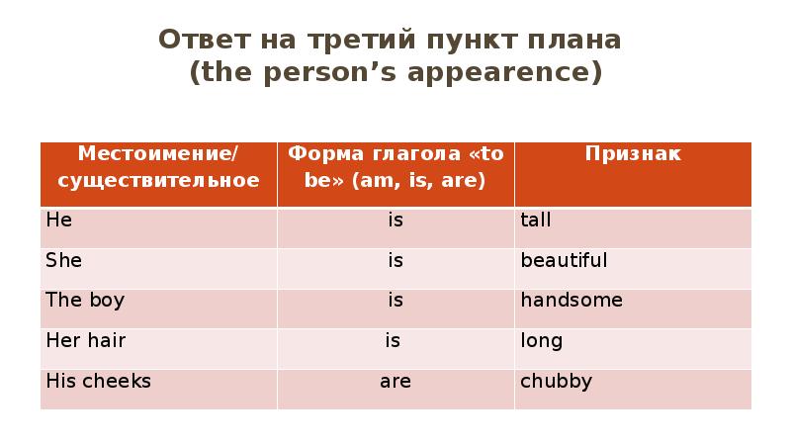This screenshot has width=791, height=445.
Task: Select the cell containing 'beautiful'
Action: click(x=564, y=261)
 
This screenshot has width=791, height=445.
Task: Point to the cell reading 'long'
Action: click(x=541, y=341)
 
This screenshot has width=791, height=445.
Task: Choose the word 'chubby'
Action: click(x=556, y=381)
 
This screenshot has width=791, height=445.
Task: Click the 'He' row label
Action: click(x=58, y=221)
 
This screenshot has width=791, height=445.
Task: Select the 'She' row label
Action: click(x=63, y=261)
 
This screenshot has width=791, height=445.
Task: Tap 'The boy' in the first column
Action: click(x=85, y=300)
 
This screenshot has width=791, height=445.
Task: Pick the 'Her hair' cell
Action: click(x=86, y=340)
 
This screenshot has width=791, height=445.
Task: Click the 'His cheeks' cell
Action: click(x=98, y=381)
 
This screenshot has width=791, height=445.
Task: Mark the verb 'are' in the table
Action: click(x=395, y=381)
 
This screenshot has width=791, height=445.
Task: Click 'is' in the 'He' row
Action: click(x=395, y=221)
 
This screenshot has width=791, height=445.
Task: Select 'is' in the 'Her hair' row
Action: click(x=393, y=340)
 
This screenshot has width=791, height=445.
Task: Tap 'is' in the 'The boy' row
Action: click(x=395, y=300)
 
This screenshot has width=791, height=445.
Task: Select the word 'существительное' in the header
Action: click(x=158, y=180)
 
